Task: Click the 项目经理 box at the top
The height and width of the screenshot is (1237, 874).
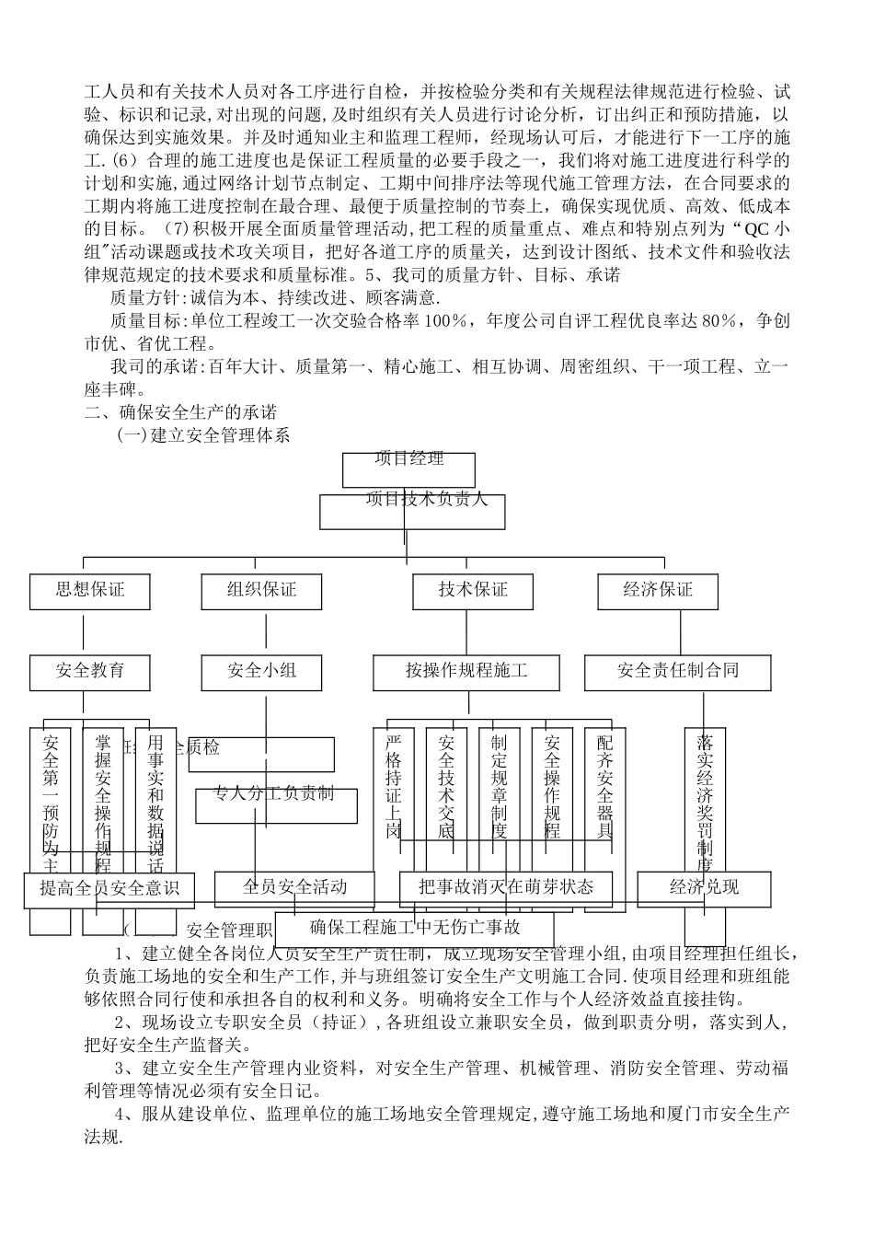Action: pos(408,469)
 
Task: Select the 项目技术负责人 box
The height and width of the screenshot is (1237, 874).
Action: pos(412,512)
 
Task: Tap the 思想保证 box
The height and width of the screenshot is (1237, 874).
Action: pos(90,590)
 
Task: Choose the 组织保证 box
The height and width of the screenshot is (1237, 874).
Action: pos(262,590)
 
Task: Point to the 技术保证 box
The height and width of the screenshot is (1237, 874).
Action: pos(473,590)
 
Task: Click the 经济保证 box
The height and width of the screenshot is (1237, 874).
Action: pos(658,590)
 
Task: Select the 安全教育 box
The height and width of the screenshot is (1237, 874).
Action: pos(90,671)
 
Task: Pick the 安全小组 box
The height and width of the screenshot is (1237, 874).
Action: pos(262,671)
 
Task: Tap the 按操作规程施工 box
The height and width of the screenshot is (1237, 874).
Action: pos(466,671)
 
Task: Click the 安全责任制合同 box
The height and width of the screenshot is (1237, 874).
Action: pos(677,671)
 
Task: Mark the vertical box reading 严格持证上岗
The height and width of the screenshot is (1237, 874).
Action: pos(394,785)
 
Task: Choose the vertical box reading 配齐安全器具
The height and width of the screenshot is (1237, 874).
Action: pos(605,785)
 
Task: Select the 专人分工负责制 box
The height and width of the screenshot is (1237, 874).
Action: pos(275,805)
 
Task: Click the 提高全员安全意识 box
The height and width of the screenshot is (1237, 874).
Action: pos(109,889)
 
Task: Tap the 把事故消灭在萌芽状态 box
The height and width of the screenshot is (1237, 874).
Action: pos(505,887)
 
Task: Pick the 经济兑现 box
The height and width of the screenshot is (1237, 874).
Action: pos(704,887)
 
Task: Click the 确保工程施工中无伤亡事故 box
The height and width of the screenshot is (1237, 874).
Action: pos(415,928)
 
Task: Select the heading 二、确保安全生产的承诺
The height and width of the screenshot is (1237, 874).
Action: pos(180,411)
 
